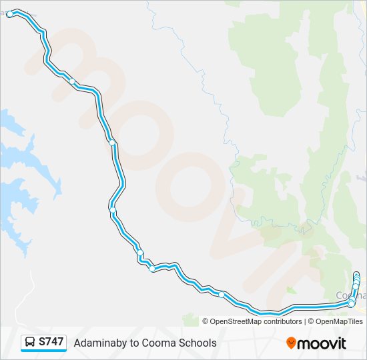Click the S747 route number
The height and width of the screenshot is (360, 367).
tap(51, 342)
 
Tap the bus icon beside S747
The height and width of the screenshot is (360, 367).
tap(31, 343)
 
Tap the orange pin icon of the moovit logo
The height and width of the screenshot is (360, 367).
tap(291, 343)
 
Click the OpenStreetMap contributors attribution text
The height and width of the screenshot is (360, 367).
tap(256, 321)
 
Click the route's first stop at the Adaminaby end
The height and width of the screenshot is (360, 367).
tap(10, 13)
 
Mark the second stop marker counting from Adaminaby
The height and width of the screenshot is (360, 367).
tap(72, 81)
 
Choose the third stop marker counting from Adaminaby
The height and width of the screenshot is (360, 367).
tap(113, 142)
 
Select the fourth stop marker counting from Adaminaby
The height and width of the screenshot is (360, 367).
tap(113, 211)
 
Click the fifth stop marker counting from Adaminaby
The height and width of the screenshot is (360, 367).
tap(140, 252)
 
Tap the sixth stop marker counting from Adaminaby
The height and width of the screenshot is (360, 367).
tap(152, 269)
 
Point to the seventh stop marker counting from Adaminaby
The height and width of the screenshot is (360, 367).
tap(222, 294)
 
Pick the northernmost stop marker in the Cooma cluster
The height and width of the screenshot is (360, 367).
tap(356, 275)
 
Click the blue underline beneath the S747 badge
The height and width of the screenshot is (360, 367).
tap(44, 351)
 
